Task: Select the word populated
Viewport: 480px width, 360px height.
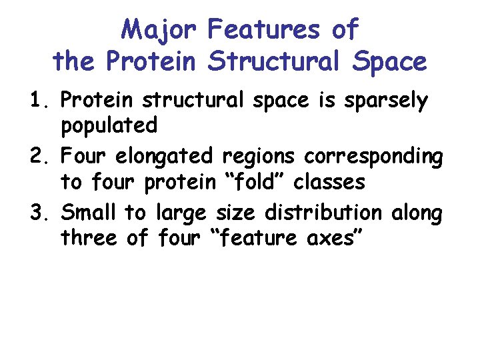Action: click(109, 125)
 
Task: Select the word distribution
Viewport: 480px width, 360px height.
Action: click(325, 213)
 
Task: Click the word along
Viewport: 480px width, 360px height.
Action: click(417, 215)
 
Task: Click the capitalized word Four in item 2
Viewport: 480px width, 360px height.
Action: click(85, 157)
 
